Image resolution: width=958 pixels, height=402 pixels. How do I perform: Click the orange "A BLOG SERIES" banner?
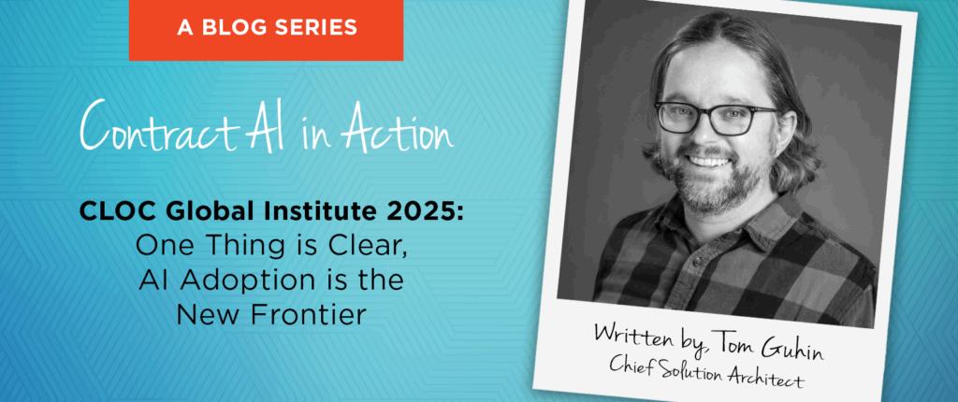tap(266, 30)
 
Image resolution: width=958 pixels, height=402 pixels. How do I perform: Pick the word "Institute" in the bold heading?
tap(316, 214)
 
